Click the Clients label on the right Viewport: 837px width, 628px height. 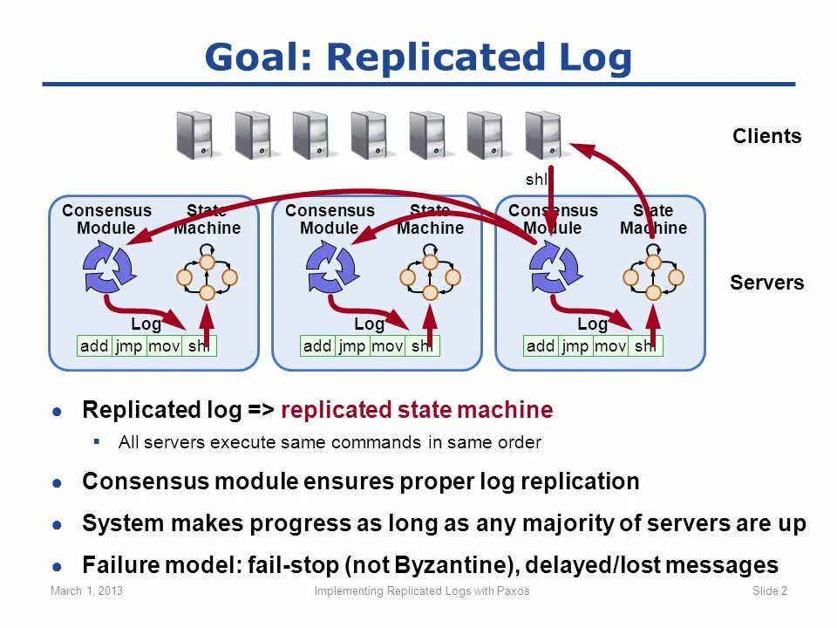(766, 136)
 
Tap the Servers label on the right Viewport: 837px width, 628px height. (766, 283)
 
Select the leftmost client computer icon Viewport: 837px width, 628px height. (194, 134)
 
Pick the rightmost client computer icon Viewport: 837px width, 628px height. (542, 134)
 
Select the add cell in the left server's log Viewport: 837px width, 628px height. (94, 346)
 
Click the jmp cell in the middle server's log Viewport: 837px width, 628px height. (352, 346)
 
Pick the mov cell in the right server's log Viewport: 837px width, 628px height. (610, 346)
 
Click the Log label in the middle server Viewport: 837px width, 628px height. (369, 324)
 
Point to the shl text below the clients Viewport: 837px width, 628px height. (535, 180)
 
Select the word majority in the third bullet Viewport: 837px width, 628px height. (535, 523)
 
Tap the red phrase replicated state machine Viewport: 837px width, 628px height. (417, 410)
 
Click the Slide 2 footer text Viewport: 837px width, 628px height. (769, 591)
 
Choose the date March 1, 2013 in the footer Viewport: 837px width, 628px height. (86, 591)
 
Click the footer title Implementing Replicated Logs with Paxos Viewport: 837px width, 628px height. (421, 591)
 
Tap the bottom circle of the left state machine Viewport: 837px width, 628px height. (208, 294)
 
